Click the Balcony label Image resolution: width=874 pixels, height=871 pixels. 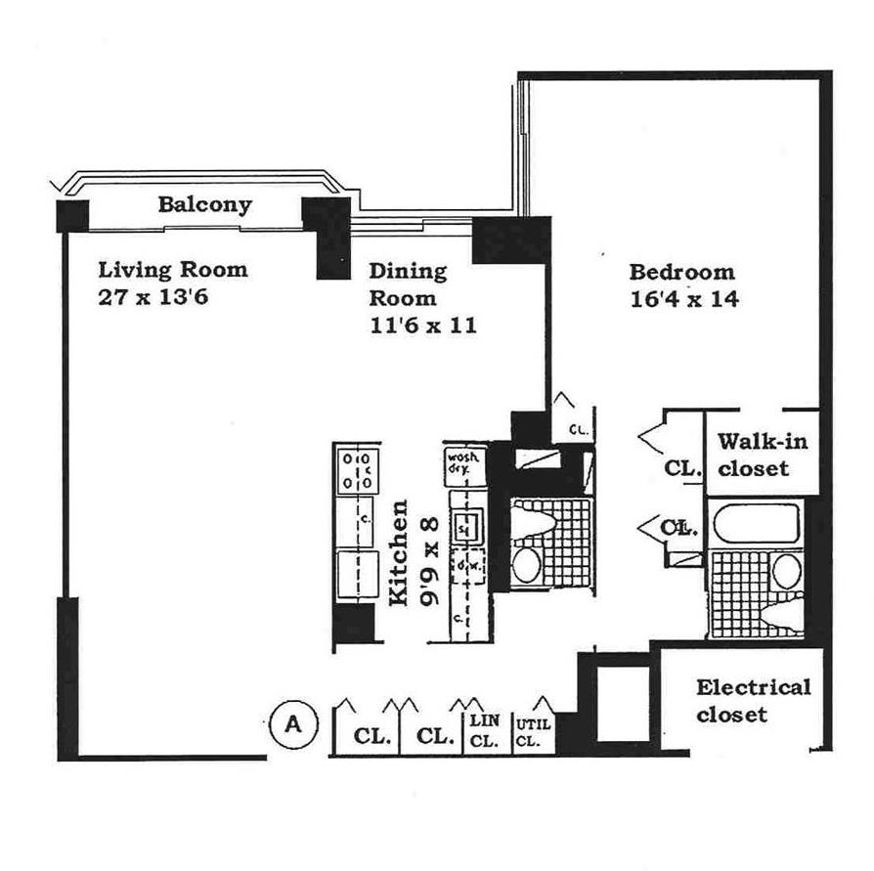204,204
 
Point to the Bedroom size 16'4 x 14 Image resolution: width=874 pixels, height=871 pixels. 683,298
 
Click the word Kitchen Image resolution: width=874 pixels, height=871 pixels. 399,553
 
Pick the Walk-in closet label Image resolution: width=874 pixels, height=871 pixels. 763,455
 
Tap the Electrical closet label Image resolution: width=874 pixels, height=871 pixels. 753,700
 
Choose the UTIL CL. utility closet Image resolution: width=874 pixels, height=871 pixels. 528,732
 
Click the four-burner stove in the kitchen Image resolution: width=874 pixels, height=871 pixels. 356,470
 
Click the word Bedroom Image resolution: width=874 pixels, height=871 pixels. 680,272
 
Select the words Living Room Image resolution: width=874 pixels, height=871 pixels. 173,269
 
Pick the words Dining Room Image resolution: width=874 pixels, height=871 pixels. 407,284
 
